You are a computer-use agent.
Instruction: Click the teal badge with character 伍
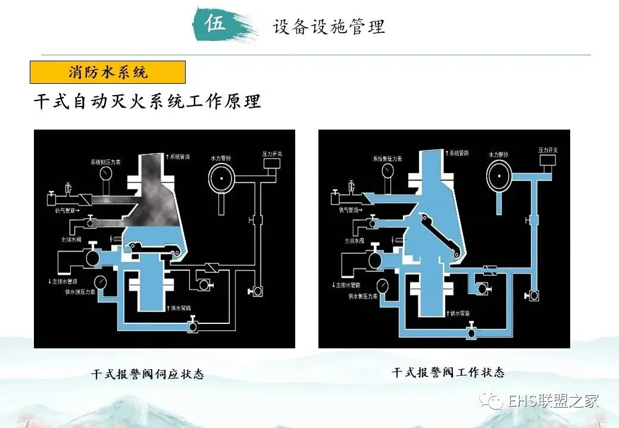pos(216,24)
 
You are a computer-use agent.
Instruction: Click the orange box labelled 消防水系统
pos(108,73)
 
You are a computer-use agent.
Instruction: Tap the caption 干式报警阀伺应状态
pos(148,374)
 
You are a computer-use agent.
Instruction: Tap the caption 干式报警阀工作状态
pos(448,373)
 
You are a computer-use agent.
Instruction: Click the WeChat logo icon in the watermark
pos(493,401)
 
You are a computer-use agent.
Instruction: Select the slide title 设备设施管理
pos(329,27)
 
